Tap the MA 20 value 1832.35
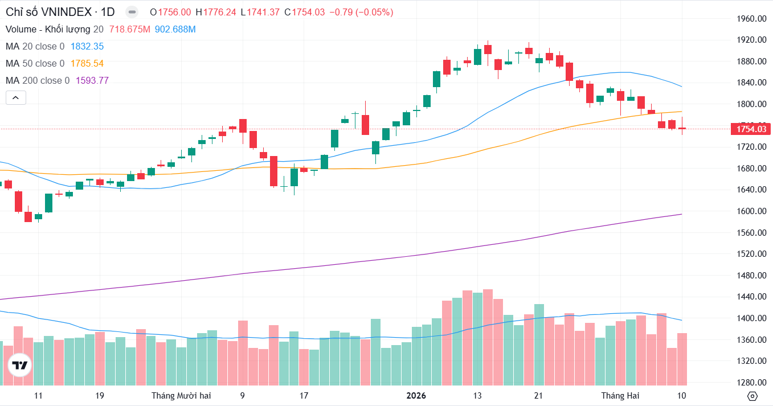(87, 47)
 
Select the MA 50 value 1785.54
(87, 64)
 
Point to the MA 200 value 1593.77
(92, 81)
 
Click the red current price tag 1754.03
(752, 129)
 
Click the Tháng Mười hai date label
(181, 396)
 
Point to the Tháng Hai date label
(620, 396)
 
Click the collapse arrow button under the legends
(15, 98)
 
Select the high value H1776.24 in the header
(215, 13)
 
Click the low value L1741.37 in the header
(260, 13)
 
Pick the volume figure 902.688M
(175, 30)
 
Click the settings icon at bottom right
(752, 396)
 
